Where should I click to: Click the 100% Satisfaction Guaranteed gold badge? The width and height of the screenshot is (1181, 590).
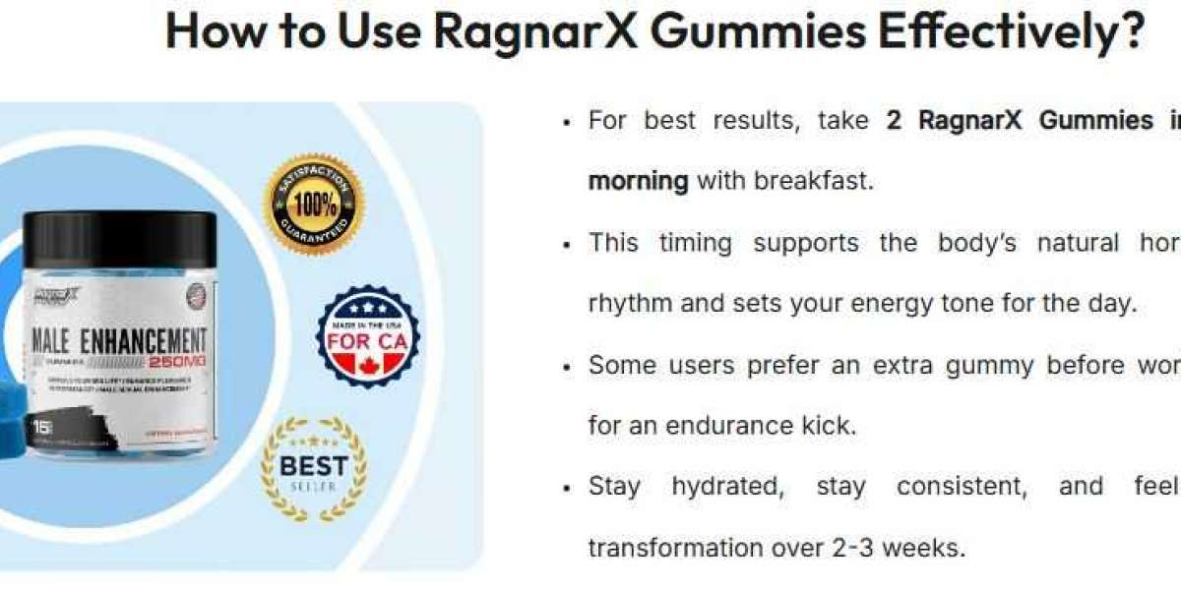tap(314, 205)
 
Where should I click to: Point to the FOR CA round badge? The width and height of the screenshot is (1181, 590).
tap(368, 336)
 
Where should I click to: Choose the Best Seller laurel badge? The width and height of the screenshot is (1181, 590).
tap(313, 469)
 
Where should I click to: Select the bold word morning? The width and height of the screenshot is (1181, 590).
tap(638, 181)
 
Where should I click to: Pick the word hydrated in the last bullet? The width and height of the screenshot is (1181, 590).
tap(727, 486)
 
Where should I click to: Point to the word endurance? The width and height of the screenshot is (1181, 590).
tap(726, 427)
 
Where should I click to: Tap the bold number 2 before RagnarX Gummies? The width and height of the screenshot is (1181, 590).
tap(894, 120)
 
